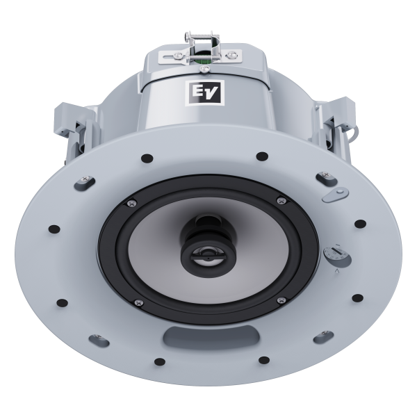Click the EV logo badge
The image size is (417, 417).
[204, 92]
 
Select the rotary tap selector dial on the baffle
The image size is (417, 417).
[337, 255]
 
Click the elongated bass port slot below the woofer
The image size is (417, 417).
[211, 336]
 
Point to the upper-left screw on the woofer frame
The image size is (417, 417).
[131, 204]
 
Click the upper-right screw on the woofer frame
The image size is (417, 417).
[281, 201]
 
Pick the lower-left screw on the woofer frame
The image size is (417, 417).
[138, 302]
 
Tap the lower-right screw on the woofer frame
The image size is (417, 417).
[281, 300]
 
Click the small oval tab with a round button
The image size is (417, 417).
[335, 195]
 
